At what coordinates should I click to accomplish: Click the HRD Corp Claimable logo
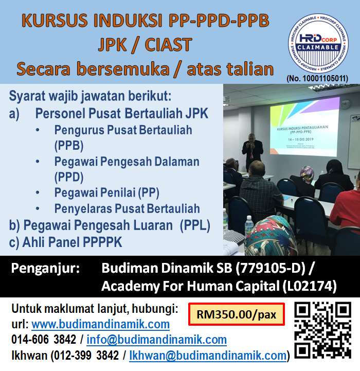pyautogui.click(x=322, y=44)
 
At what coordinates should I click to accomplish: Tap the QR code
pyautogui.click(x=322, y=330)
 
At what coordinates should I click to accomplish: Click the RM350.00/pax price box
pyautogui.click(x=237, y=314)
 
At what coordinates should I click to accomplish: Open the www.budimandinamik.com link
pyautogui.click(x=100, y=324)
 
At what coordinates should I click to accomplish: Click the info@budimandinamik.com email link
pyautogui.click(x=156, y=340)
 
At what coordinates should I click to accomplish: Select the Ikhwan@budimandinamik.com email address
pyautogui.click(x=208, y=355)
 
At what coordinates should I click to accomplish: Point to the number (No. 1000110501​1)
pyautogui.click(x=317, y=78)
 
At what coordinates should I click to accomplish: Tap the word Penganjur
pyautogui.click(x=46, y=268)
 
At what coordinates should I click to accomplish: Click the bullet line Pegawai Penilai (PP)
pyautogui.click(x=106, y=193)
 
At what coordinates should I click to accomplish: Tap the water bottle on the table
pyautogui.click(x=249, y=225)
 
